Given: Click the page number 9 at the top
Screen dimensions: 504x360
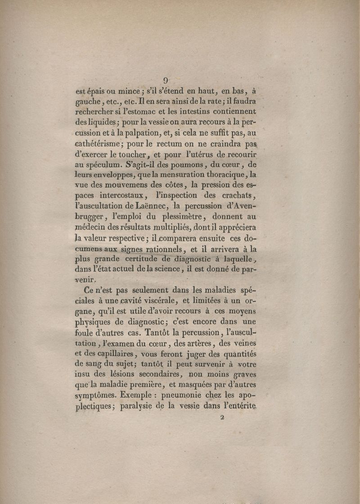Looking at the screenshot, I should pos(166,81).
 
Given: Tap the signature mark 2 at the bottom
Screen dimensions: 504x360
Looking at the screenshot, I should pos(222,417).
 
